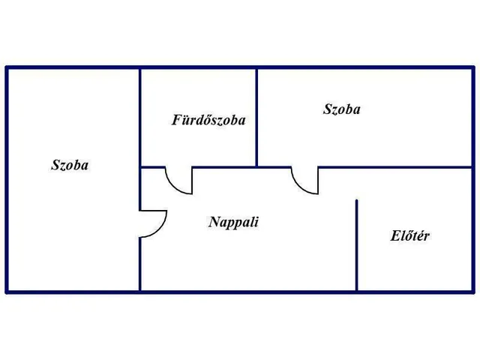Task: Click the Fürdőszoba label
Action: point(208,120)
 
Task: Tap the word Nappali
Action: point(233,222)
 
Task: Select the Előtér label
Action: point(409,235)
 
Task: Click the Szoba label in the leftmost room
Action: point(70,165)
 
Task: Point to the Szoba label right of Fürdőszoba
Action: point(342,109)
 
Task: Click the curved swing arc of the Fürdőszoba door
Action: point(173,186)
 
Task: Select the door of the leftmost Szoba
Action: point(153,223)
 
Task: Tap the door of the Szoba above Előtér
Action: point(304,181)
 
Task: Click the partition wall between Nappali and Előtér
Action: point(357,245)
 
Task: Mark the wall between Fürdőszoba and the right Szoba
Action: point(256,118)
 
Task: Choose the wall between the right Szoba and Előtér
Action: point(395,167)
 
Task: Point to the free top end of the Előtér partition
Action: point(357,200)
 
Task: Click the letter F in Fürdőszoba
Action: point(177,120)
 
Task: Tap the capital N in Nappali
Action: point(214,222)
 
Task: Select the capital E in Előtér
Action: point(395,235)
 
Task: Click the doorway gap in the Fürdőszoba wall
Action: point(178,167)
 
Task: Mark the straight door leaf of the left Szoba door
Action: point(153,211)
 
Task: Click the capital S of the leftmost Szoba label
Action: point(55,165)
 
